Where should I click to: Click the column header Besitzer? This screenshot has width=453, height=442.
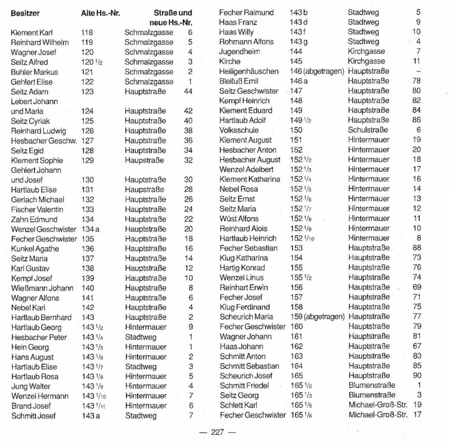pyautogui.click(x=28, y=12)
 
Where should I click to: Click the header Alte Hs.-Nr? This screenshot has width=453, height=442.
pyautogui.click(x=101, y=12)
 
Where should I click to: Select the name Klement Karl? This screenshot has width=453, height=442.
pyautogui.click(x=32, y=33)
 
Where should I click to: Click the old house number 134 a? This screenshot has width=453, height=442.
pyautogui.click(x=91, y=229)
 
